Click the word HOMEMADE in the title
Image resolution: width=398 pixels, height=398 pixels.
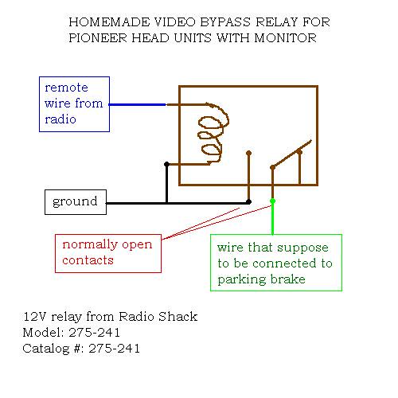pos(109,22)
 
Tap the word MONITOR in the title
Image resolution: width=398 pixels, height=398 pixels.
pos(285,38)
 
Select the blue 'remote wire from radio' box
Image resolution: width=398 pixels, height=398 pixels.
pos(74,104)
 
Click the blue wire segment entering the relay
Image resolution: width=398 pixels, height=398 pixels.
pos(138,104)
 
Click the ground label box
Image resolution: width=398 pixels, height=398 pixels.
pos(76,202)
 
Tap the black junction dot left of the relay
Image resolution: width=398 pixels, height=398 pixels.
pos(166,165)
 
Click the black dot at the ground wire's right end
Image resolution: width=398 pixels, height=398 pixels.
pos(248,202)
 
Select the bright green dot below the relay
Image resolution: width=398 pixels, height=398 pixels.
pos(272,201)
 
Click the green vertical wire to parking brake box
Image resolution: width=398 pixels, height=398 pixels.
pos(272,218)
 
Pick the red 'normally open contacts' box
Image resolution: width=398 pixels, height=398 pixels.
pos(108,253)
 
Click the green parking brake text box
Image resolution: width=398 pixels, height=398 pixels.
pos(276,263)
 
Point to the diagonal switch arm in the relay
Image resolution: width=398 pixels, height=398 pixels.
pos(292,154)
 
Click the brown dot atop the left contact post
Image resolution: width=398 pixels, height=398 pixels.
pos(248,153)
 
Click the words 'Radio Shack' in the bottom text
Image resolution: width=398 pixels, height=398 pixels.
pos(158,316)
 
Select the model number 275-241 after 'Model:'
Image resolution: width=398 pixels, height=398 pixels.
pos(95,332)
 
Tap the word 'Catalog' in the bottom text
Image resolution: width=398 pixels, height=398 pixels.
pos(46,349)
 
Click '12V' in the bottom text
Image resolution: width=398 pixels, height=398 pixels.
pos(35,316)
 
